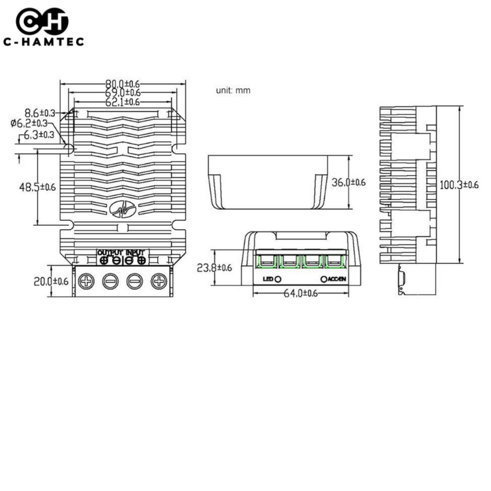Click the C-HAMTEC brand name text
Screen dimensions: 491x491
click(43, 42)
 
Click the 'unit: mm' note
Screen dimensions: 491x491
click(233, 91)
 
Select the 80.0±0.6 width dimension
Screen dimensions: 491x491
click(122, 84)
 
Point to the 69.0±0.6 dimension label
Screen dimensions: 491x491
click(122, 93)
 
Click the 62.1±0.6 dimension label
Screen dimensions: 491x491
click(122, 102)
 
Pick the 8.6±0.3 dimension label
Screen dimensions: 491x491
click(40, 113)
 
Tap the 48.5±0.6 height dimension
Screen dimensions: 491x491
click(38, 187)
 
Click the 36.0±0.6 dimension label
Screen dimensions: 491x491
click(349, 182)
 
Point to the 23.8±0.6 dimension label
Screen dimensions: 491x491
click(214, 267)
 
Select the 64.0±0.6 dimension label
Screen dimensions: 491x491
click(300, 293)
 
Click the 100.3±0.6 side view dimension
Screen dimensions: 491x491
click(459, 185)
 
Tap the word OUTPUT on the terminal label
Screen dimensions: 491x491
click(110, 252)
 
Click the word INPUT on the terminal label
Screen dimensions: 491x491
click(135, 252)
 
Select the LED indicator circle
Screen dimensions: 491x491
click(278, 279)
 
